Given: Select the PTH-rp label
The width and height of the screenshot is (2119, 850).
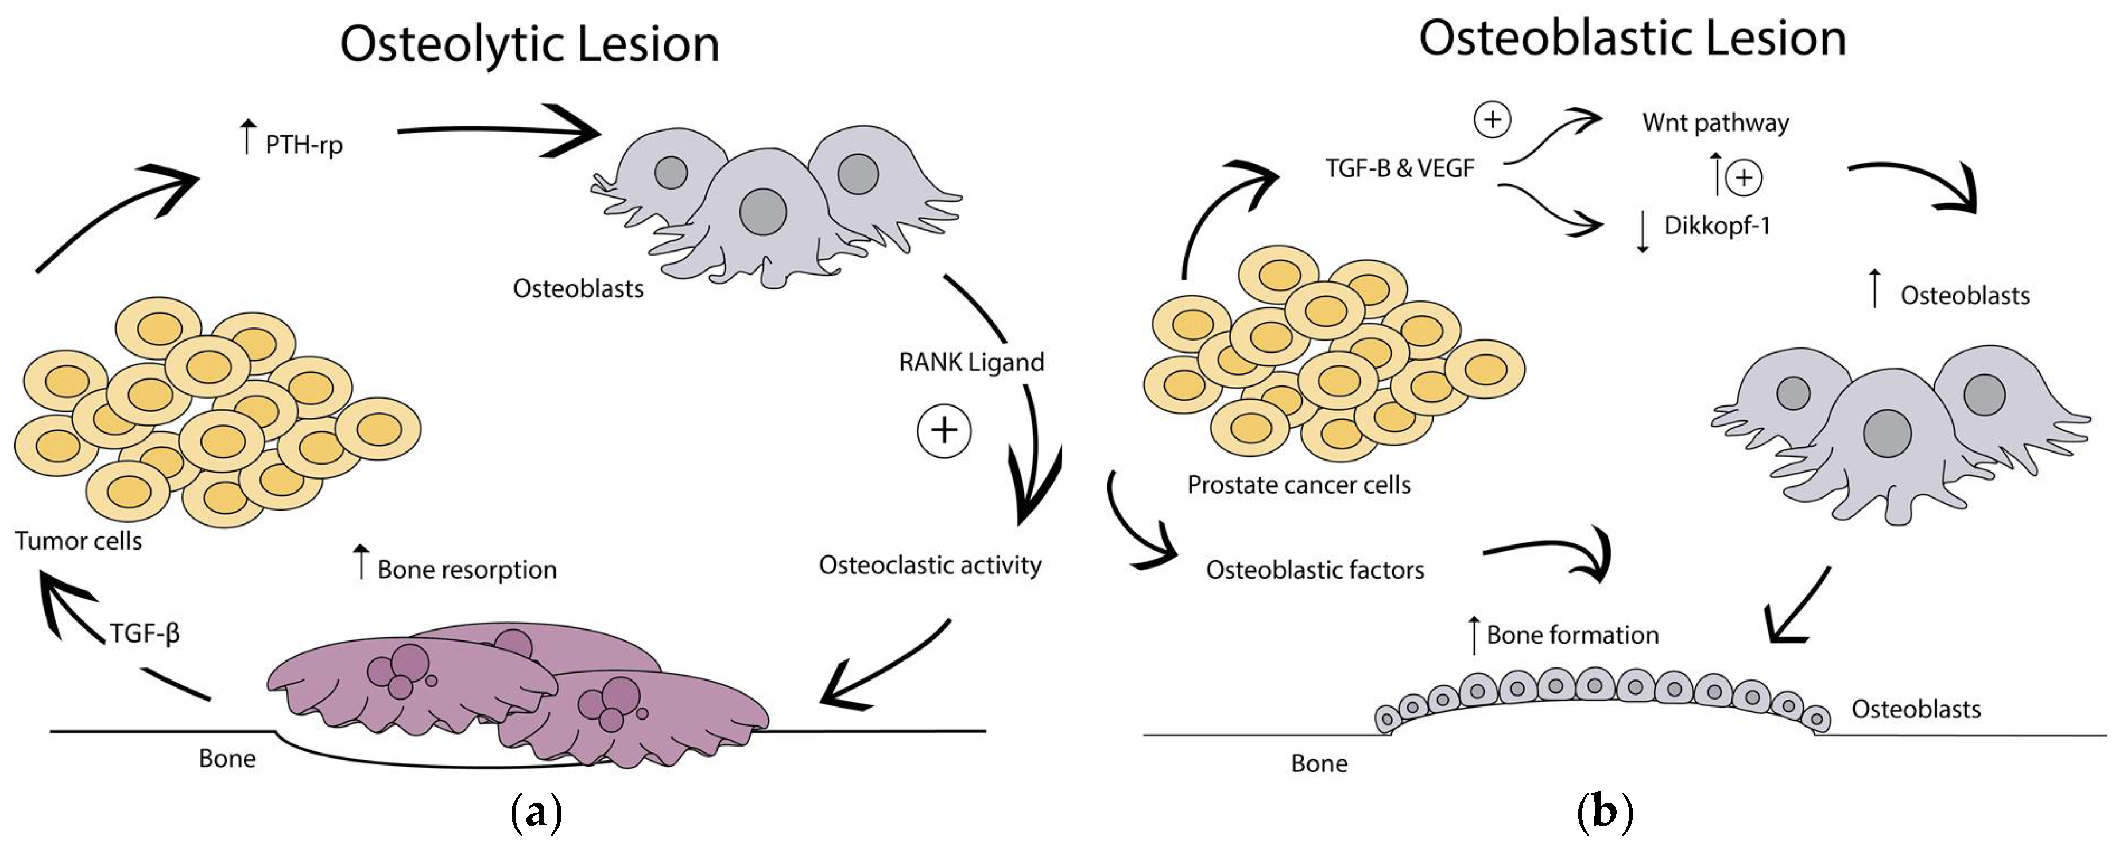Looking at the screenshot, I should (x=303, y=145).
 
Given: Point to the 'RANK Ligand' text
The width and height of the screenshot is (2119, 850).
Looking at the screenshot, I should (x=971, y=362).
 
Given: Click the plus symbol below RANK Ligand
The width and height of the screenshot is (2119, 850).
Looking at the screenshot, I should (x=944, y=430).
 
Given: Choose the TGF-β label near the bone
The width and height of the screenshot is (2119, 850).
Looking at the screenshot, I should (x=145, y=633).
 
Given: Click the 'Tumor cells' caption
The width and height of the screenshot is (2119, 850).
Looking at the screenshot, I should (x=78, y=540).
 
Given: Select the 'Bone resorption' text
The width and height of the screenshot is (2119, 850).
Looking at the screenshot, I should (x=466, y=569).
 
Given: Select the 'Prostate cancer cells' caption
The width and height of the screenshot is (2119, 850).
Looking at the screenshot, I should (x=1298, y=485).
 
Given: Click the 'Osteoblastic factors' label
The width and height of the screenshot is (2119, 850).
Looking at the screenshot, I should (x=1315, y=569).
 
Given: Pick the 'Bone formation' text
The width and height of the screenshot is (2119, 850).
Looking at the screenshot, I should (x=1572, y=635).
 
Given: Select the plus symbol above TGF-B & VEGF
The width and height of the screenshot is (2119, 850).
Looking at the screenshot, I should (x=1492, y=120).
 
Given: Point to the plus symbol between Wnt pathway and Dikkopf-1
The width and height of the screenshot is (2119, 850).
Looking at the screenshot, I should (x=1743, y=177).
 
